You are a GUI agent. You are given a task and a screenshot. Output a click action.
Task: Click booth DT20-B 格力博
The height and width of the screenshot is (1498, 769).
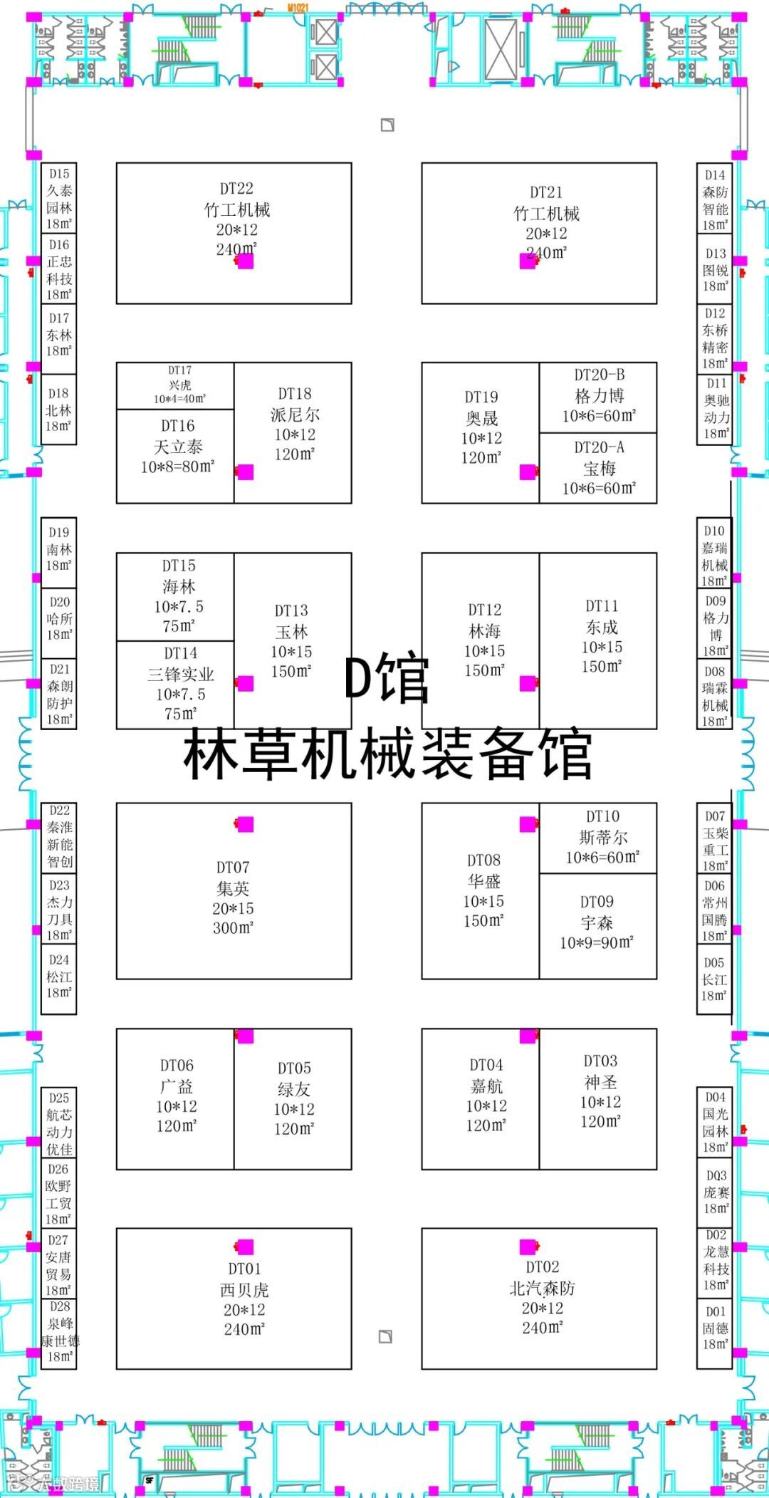coord(598,397)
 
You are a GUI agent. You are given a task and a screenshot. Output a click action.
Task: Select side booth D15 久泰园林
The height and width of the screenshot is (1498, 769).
coord(59,198)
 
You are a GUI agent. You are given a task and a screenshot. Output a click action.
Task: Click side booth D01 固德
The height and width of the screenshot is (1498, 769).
coord(715,1333)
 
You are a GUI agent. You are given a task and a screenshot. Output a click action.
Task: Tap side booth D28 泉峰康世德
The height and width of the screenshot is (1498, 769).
coord(59,1332)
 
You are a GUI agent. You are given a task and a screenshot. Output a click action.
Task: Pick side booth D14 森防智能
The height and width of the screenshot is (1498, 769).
coord(715,199)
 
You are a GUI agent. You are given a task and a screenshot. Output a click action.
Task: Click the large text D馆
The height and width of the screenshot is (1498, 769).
coord(387,679)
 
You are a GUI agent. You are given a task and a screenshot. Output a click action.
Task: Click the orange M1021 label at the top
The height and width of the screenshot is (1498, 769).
coord(298,8)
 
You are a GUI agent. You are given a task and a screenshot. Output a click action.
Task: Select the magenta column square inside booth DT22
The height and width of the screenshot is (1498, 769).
coord(245,261)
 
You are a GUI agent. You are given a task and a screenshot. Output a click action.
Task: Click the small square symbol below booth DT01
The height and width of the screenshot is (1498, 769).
coord(385,1336)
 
